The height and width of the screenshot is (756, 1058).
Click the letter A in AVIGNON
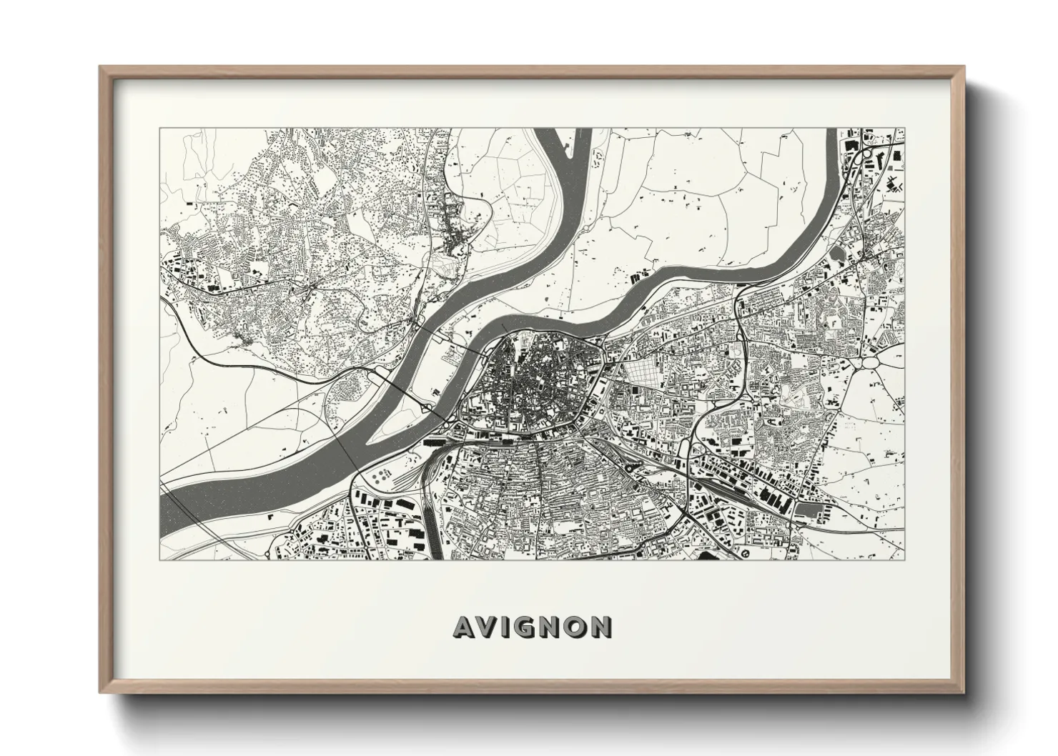coord(464,627)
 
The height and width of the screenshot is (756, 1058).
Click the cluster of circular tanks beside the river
coord(380,474)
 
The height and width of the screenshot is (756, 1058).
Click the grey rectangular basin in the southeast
coord(808,509)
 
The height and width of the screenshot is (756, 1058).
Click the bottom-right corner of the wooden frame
coord(964,692)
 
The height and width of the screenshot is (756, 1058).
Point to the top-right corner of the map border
coord(905,129)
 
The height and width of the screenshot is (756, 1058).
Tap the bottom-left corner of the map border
coord(159,559)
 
